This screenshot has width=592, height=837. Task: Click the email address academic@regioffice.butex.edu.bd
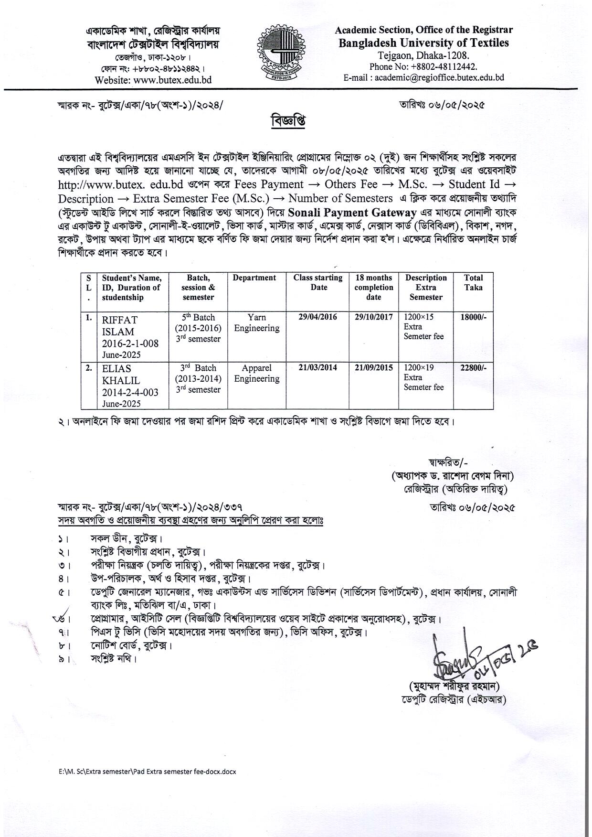[x=439, y=77]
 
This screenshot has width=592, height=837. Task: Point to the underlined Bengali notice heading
[x=288, y=120]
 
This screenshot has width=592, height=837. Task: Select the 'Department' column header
[x=254, y=278]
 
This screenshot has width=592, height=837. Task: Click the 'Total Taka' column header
[x=473, y=283]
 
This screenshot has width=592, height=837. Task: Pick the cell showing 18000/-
[x=473, y=317]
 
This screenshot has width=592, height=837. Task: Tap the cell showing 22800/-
[x=473, y=368]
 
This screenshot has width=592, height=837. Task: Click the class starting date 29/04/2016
[x=317, y=317]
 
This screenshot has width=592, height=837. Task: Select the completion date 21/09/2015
[x=374, y=368]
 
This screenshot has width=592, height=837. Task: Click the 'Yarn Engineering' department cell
[x=257, y=323]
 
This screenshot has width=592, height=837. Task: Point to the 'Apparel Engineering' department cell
[x=257, y=374]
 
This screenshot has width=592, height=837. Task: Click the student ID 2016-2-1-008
[x=130, y=343]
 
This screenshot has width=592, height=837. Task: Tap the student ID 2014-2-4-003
[x=130, y=392]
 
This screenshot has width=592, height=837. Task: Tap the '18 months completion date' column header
[x=374, y=288]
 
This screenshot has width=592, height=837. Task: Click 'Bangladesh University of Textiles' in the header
[x=424, y=43]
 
